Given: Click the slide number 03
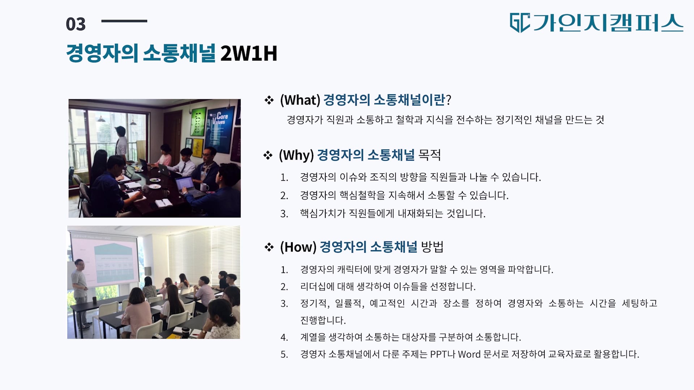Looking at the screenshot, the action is click(x=76, y=24).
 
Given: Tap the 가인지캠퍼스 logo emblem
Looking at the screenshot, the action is click(x=520, y=23).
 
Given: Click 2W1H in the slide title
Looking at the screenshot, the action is click(x=249, y=53).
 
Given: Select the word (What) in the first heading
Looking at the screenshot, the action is click(x=300, y=100).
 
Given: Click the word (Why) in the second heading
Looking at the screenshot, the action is click(x=296, y=155).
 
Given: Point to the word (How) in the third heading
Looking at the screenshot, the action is click(x=298, y=247).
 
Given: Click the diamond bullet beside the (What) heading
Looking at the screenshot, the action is click(x=269, y=100).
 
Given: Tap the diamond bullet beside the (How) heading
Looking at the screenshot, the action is click(x=269, y=247).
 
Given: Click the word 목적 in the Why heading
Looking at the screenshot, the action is click(x=429, y=155).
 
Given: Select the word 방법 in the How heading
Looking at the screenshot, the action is click(x=432, y=247).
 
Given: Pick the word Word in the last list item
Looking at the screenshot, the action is click(x=469, y=354).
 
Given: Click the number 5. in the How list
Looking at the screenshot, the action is click(x=284, y=355).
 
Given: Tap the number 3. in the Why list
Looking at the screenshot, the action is click(x=284, y=214).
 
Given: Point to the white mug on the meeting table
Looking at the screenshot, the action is click(x=205, y=187).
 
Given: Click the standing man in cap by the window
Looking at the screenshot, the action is click(x=121, y=143).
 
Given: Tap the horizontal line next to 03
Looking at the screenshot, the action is click(x=124, y=21).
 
